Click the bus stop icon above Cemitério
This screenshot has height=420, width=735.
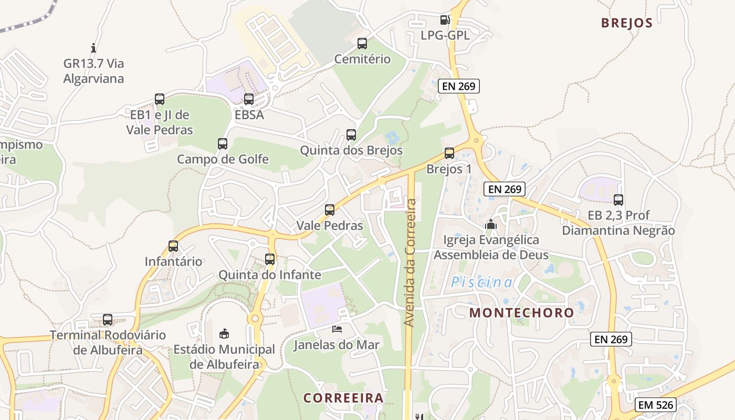pos(362,44)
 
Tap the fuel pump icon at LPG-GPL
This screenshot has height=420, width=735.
pos(445,20)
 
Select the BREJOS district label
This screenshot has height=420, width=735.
pos(627,23)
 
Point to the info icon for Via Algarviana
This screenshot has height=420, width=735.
pos(93,48)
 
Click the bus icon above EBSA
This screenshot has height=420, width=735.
pos(249,99)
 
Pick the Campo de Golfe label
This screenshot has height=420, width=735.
pos(223,159)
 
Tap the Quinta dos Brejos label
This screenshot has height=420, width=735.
pos(351,150)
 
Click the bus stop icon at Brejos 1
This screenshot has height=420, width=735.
pos(449,153)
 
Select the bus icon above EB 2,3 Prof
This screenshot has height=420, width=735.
pos(618,199)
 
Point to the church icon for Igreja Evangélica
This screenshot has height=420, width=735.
pos(491,224)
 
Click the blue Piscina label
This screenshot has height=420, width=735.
pos(482,282)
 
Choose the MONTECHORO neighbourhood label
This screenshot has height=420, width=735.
pos(522,313)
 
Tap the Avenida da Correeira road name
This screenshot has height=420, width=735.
pos(411,262)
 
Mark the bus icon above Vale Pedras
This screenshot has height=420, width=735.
pos(330,210)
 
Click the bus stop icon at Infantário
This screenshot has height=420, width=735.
pos(173,246)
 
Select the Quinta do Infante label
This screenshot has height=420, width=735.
pos(270,275)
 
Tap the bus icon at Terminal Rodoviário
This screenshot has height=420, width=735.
pos(108,319)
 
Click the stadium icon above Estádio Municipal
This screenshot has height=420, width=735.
pos(224,333)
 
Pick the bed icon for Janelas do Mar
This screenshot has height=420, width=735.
pos(337,329)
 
